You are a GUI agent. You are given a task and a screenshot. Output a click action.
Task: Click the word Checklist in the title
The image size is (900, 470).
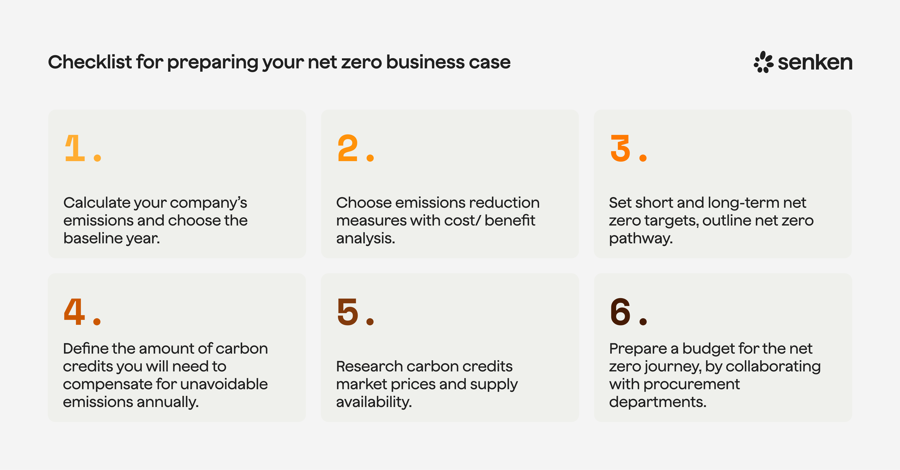[90, 62]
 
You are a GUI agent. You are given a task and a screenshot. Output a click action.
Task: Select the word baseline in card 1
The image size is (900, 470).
[93, 238]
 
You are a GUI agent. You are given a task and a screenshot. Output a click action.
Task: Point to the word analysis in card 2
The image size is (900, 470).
[365, 238]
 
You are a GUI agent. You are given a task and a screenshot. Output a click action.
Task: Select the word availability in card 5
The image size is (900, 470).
[374, 402]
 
